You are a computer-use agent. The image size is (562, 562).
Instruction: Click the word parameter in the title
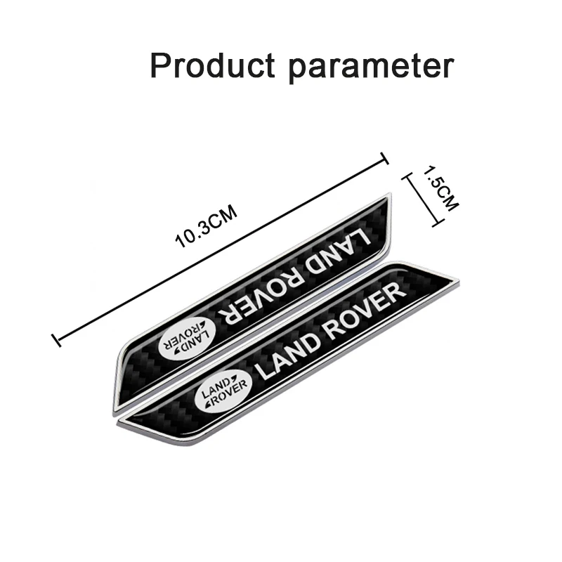click(x=372, y=67)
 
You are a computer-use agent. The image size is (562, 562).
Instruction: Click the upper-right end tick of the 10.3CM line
click(x=384, y=158)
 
